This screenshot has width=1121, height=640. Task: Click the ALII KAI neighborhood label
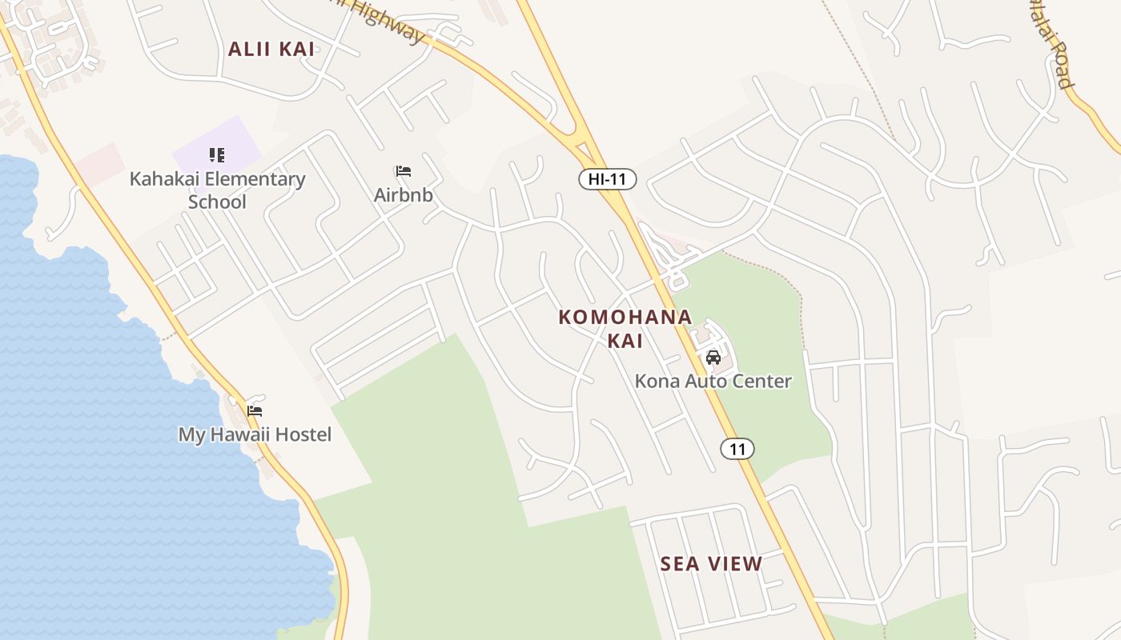271,49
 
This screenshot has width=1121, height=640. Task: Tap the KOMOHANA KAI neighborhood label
625,328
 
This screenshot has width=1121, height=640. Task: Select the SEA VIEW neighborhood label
711,563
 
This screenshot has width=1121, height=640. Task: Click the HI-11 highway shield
607,179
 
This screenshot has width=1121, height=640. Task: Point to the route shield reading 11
737,449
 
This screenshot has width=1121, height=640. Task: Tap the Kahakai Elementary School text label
217,190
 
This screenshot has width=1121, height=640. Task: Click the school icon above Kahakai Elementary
217,154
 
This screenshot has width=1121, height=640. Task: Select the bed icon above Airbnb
404,171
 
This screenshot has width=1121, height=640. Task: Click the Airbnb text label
404,194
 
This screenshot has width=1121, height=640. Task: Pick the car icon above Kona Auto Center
713,358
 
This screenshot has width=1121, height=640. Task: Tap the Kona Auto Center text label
713,381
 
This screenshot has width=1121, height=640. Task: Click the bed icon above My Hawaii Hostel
255,411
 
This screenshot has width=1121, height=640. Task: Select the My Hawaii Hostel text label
255,434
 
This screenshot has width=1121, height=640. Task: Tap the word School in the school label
217,201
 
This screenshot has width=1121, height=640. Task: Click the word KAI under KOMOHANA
625,340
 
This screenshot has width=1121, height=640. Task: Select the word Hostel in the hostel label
303,434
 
